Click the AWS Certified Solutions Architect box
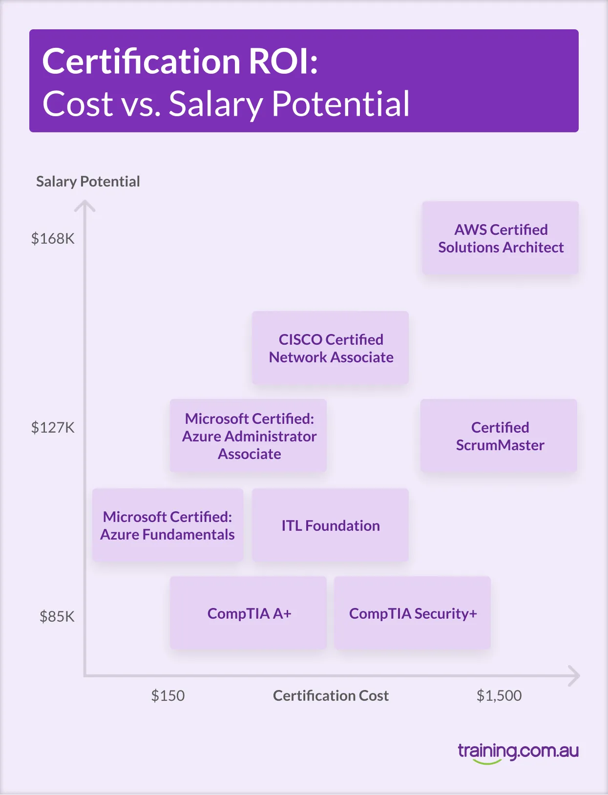click(501, 238)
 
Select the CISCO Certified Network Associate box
click(331, 348)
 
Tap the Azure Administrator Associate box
click(249, 436)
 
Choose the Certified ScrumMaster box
click(499, 436)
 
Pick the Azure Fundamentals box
click(168, 525)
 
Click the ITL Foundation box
click(331, 525)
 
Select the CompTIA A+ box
click(249, 613)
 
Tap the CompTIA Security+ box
click(413, 613)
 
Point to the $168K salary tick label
click(53, 239)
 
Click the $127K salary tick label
click(53, 428)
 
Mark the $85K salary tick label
click(57, 617)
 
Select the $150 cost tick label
click(168, 695)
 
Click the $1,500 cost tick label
click(499, 695)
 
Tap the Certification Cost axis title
click(331, 695)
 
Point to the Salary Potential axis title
click(88, 182)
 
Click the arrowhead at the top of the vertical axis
click(85, 206)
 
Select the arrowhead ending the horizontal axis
click(575, 676)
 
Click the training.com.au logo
click(518, 752)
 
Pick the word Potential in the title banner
click(340, 104)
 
